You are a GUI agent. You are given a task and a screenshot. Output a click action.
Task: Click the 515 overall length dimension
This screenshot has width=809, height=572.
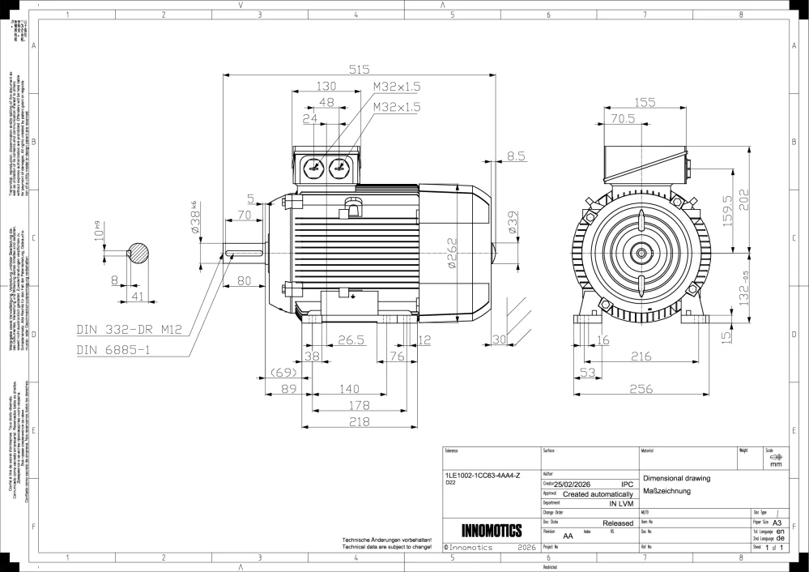click(359, 70)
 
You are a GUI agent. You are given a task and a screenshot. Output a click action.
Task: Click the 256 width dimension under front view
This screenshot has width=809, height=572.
click(641, 389)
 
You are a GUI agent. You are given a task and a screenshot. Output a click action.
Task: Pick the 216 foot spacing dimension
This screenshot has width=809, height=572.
click(641, 356)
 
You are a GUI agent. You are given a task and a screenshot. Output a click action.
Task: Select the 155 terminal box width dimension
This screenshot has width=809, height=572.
click(645, 102)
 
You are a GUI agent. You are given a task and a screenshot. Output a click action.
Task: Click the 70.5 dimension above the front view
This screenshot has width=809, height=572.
click(622, 118)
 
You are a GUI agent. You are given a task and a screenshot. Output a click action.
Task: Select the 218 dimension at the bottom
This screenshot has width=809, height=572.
click(359, 422)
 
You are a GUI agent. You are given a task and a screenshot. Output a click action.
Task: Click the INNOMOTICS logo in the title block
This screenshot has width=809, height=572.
click(491, 531)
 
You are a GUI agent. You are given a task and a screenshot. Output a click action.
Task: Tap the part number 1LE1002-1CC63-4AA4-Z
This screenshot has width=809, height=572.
click(483, 474)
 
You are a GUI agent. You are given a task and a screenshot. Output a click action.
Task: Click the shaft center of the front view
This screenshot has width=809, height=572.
click(641, 253)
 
